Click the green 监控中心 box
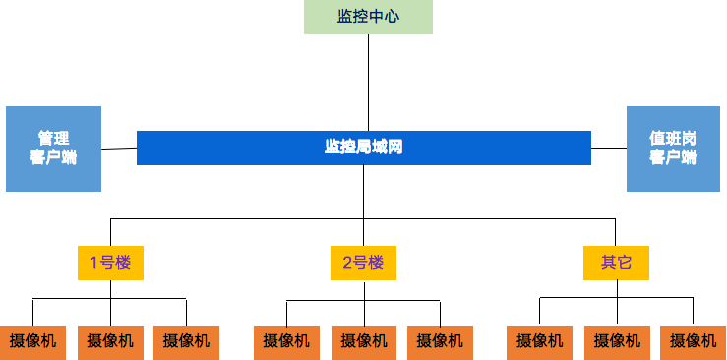368,17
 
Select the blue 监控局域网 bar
364,148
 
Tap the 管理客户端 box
53,149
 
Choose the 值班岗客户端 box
673,149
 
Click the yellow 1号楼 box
110,263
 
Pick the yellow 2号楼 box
363,263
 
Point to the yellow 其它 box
616,263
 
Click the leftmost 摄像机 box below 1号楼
32,341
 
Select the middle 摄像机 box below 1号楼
110,341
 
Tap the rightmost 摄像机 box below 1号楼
186,341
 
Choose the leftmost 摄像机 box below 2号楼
286,341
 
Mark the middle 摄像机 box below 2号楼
364,341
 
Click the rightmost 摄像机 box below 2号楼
440,341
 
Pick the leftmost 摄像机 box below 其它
540,341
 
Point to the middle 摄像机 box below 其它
617,341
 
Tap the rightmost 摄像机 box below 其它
693,341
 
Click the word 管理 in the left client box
53,139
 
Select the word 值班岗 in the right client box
673,139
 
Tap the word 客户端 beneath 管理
53,157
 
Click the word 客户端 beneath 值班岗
673,157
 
